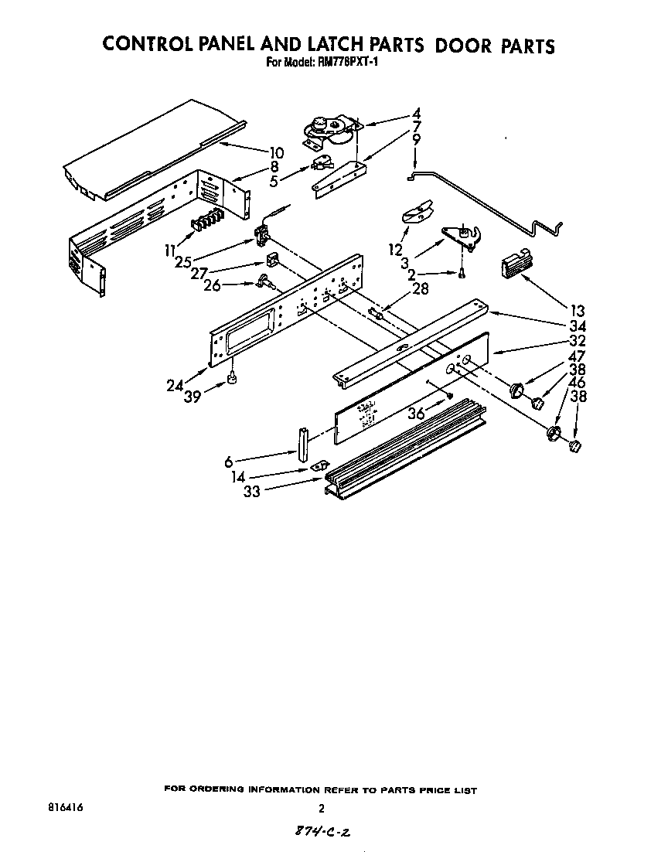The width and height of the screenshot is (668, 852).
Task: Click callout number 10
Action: (276, 153)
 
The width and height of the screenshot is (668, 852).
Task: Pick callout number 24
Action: (175, 384)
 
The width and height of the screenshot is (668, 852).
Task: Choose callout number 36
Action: (417, 414)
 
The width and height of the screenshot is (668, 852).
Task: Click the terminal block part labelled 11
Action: (206, 222)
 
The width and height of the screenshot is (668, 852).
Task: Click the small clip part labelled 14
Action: (315, 467)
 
